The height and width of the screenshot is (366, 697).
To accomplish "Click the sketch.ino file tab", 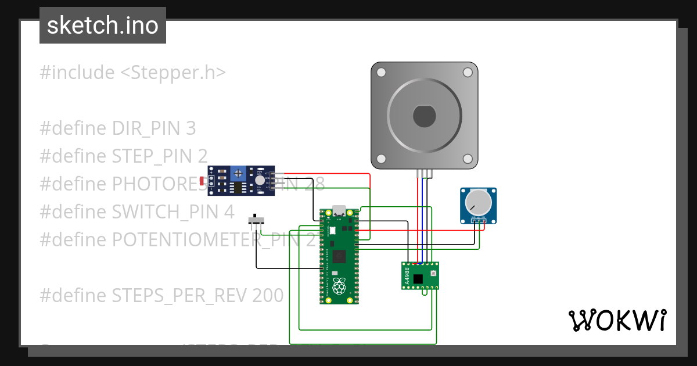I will tap(103, 26).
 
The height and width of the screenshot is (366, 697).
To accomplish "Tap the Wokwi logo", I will tap(617, 320).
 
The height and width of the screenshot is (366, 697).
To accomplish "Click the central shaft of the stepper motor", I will tap(424, 116).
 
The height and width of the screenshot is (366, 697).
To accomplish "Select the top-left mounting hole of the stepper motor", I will tap(381, 73).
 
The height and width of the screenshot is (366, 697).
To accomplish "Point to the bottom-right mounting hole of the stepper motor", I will tap(467, 159).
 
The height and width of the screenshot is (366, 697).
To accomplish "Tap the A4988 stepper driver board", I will tap(420, 275).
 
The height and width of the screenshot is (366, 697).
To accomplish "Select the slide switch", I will tap(256, 221).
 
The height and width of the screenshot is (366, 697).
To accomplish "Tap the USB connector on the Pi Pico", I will tap(339, 211).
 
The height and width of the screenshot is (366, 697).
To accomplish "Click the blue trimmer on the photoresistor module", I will tap(237, 173).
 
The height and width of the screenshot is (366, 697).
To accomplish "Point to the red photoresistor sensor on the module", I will tap(202, 181).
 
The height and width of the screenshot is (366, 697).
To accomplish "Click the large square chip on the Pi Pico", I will tap(339, 256).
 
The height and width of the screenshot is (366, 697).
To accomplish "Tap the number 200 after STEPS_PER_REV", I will tap(268, 296).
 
